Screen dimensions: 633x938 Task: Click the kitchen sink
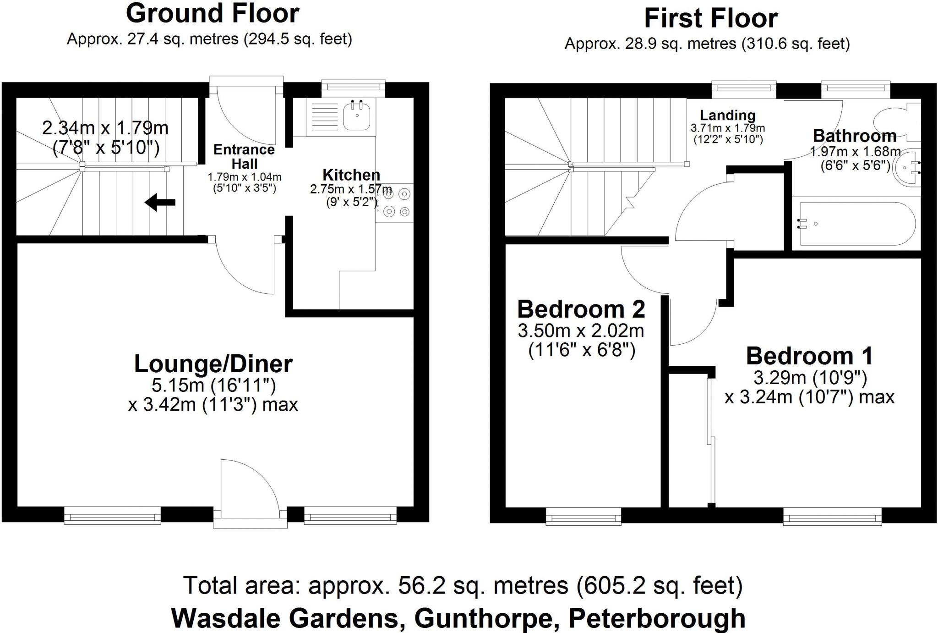(357, 116)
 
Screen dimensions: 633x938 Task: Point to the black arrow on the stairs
(160, 202)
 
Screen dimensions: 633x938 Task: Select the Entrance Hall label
(244, 156)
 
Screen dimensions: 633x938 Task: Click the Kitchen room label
(351, 175)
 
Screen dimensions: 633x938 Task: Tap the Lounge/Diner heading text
(213, 364)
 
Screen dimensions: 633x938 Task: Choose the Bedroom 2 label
(581, 309)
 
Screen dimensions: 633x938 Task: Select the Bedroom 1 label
(809, 356)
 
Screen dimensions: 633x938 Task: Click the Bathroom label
(855, 136)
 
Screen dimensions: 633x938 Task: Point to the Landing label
(727, 115)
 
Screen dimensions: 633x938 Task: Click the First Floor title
(711, 18)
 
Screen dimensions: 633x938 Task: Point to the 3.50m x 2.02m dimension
(581, 330)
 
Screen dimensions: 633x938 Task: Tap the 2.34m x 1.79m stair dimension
(105, 128)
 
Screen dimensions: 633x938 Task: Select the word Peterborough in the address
(657, 618)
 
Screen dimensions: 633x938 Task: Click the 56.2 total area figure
(417, 585)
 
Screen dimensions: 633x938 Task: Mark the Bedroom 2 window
(584, 517)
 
